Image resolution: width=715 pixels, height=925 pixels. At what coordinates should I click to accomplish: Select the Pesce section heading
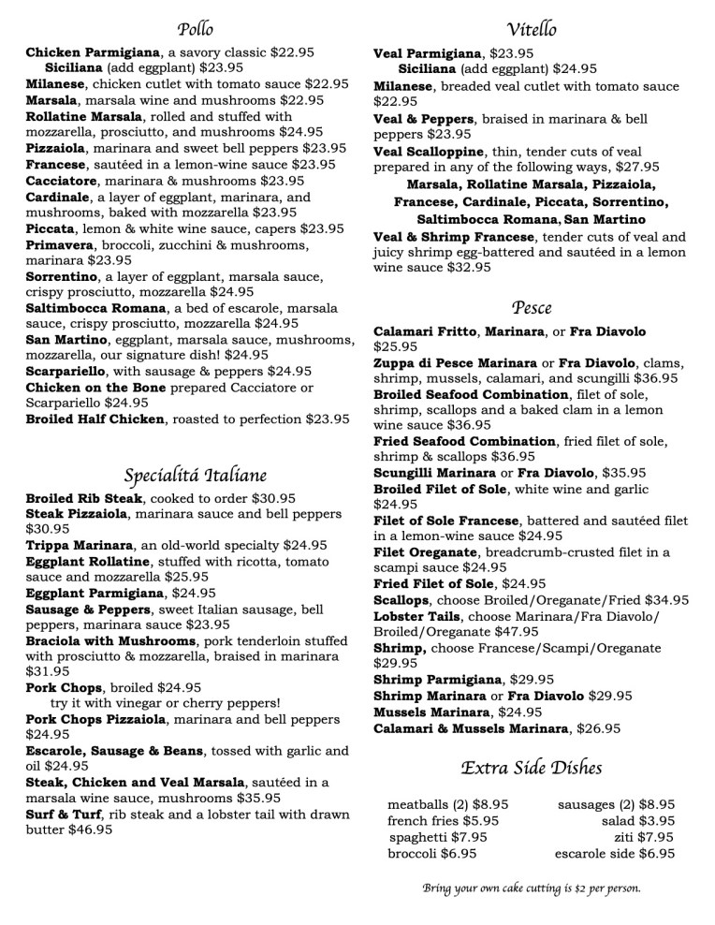[x=531, y=307]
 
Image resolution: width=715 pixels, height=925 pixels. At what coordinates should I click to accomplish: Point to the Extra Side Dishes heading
[x=531, y=768]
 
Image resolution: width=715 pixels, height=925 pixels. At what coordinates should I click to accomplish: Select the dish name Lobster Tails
[x=416, y=616]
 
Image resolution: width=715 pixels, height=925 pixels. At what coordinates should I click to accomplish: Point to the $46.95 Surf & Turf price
[x=91, y=830]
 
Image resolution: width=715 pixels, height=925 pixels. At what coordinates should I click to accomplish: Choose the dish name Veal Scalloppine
[x=429, y=151]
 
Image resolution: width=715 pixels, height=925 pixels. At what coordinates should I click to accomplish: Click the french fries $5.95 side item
[x=443, y=819]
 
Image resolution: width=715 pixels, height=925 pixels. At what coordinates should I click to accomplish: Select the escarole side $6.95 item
[x=614, y=853]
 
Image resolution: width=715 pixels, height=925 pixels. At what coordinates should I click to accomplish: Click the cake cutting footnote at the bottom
[x=531, y=888]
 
